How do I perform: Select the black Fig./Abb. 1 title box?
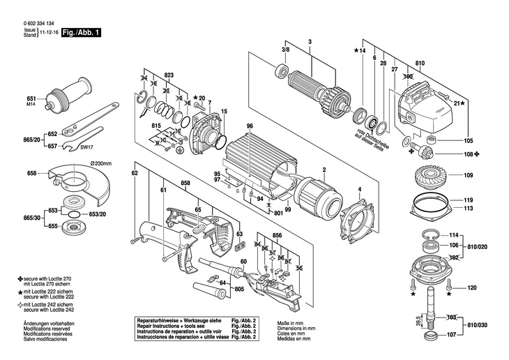80,32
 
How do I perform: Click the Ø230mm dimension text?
100,164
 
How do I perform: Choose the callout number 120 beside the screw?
471,287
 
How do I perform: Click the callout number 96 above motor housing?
249,126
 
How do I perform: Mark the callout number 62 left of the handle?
135,172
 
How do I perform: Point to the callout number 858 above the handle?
185,183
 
